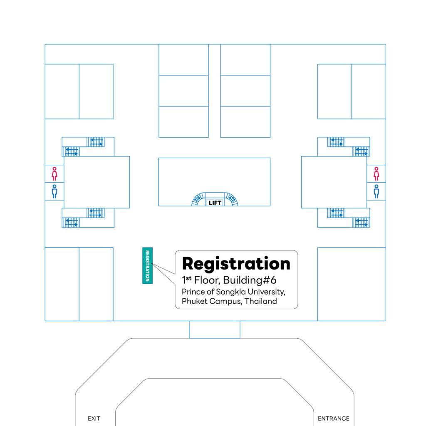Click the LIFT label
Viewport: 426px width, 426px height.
coord(215,203)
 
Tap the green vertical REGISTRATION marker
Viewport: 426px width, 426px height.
coord(147,265)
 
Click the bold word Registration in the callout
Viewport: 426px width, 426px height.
coord(236,264)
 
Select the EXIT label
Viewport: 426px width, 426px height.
coord(94,419)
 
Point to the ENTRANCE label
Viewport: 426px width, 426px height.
coord(334,419)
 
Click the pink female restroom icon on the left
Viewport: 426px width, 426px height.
coord(54,173)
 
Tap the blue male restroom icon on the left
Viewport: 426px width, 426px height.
coord(54,191)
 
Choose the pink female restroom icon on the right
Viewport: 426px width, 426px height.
coord(376,173)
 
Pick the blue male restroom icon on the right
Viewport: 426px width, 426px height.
coord(376,191)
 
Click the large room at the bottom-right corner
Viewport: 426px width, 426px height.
coord(352,284)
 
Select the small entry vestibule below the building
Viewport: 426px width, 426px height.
coord(214,329)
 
